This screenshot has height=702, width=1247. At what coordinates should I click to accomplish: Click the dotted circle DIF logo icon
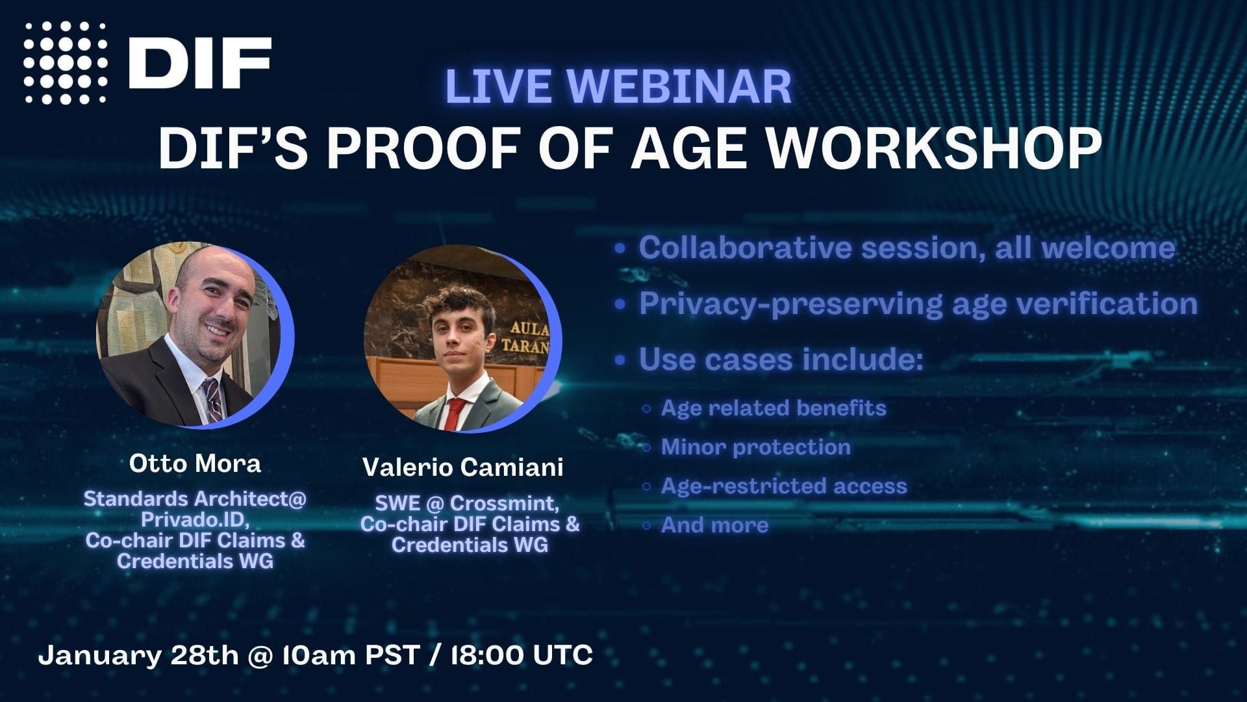[x=66, y=62]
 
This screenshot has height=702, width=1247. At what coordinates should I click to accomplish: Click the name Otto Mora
[x=195, y=463]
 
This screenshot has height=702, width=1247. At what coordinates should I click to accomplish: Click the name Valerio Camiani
[x=462, y=467]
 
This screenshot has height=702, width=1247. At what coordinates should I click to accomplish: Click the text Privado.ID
[x=195, y=519]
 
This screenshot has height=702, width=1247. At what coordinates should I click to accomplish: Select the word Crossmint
[x=503, y=503]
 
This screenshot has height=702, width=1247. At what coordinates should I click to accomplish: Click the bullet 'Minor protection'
[x=755, y=447]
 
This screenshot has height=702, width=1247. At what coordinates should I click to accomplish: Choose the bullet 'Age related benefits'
[x=773, y=408]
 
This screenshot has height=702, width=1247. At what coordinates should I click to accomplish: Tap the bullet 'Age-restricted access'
[x=783, y=486]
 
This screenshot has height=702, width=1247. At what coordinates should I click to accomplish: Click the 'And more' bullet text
[x=714, y=525]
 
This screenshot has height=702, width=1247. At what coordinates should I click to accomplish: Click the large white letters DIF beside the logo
[x=199, y=62]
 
